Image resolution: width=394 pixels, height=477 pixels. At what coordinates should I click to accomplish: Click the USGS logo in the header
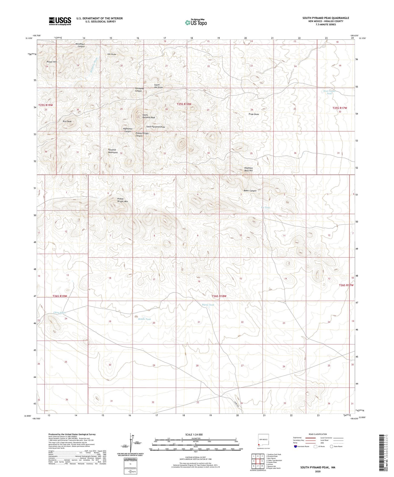(60, 21)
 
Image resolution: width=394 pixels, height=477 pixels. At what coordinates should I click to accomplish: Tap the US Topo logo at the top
(196, 22)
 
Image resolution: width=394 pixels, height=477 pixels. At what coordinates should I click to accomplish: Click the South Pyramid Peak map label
(149, 116)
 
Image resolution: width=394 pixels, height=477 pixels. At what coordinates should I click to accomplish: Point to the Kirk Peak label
(67, 122)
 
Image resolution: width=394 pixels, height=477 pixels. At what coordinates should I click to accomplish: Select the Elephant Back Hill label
(248, 169)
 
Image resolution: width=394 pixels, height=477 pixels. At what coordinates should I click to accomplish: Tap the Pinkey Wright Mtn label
(122, 200)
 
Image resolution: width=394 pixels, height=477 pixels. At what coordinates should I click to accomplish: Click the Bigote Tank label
(208, 305)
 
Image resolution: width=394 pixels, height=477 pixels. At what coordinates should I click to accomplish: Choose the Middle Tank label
(144, 319)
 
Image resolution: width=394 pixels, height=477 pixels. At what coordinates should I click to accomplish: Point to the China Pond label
(59, 313)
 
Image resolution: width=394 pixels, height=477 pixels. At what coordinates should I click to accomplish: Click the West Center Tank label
(329, 92)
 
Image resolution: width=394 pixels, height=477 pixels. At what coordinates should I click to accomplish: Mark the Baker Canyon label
(250, 191)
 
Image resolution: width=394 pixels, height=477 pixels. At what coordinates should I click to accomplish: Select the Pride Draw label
(254, 114)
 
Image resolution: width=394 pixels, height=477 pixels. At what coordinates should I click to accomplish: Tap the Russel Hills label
(52, 62)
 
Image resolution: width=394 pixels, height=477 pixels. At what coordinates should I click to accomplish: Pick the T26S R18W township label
(219, 296)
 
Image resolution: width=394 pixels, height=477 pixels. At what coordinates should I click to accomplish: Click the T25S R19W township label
(46, 105)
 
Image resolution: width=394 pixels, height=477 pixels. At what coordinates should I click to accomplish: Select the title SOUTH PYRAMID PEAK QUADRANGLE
(326, 18)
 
